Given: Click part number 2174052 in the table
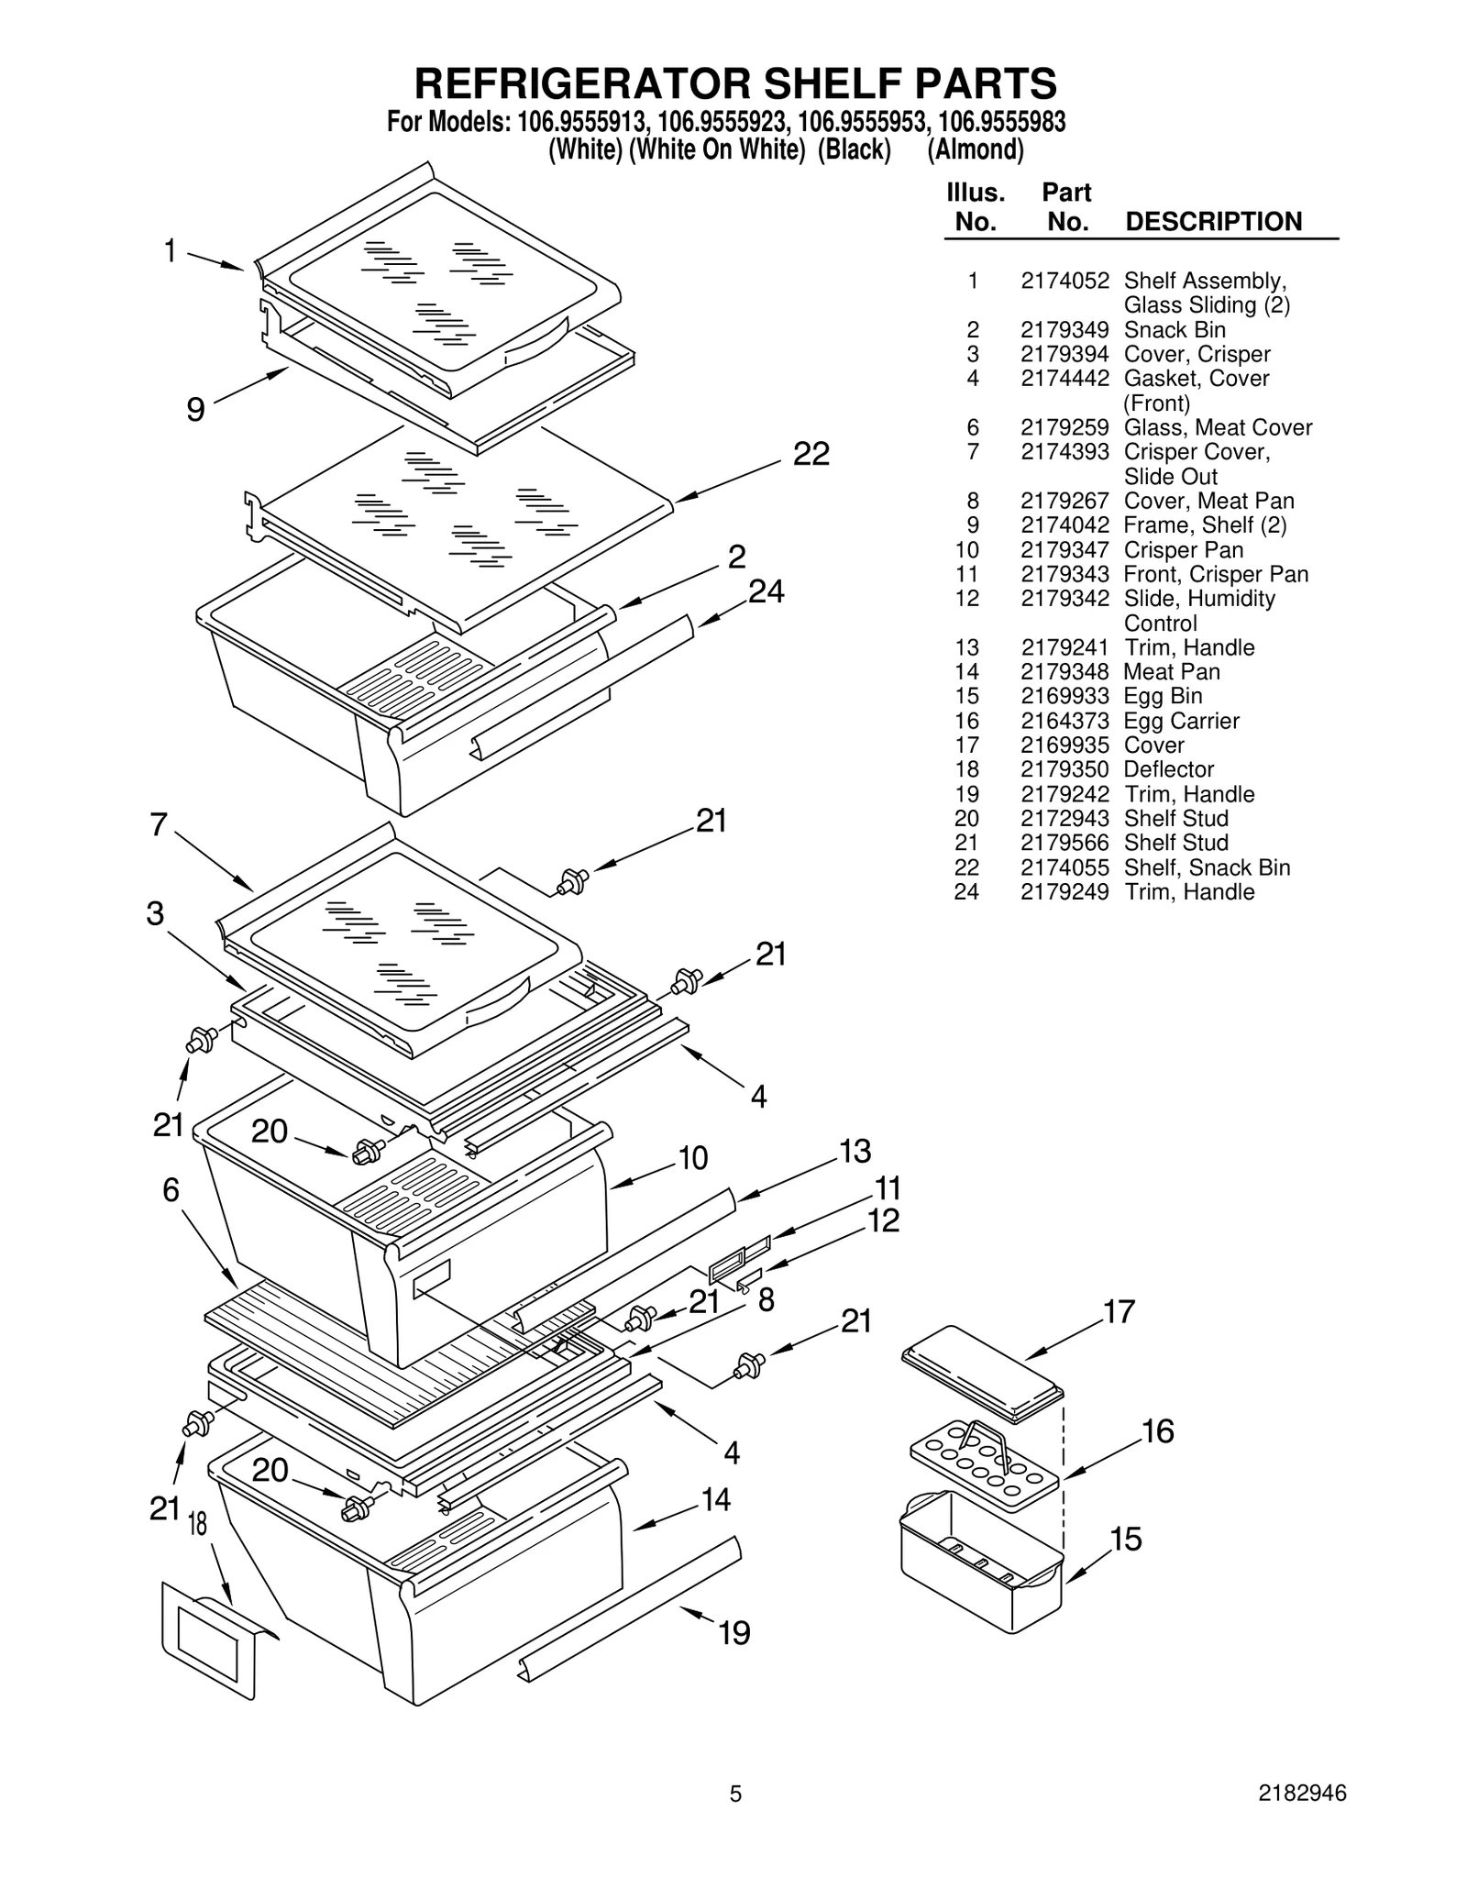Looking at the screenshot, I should point(1064,281).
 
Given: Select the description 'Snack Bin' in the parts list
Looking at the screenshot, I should point(1174,330).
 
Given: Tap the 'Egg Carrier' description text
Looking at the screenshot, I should point(1181,722).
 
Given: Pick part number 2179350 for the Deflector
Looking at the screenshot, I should point(1064,770).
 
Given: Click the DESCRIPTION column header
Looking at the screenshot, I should point(1212,222).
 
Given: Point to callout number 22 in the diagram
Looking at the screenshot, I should point(811,454).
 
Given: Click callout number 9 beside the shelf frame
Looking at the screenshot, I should point(195,409).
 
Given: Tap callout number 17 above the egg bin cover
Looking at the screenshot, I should point(1119,1312).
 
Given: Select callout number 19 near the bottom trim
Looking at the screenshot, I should point(733,1633).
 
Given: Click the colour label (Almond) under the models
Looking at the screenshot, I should point(975,149).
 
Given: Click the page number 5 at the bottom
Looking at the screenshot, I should point(734,1820).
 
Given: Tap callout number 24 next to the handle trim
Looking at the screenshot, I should point(766,592).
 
